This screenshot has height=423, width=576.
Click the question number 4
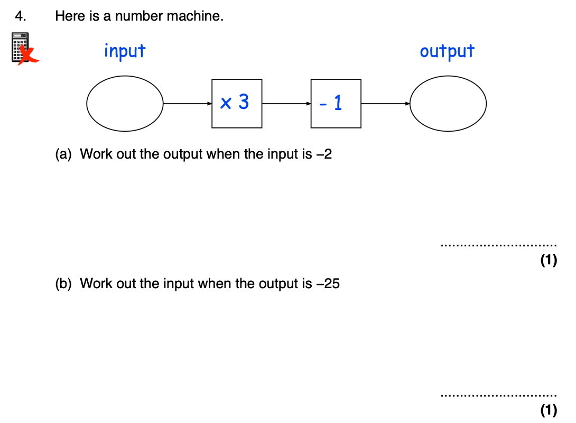[x=20, y=16]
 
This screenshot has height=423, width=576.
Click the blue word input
[x=124, y=51]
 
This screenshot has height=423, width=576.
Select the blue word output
[x=447, y=51]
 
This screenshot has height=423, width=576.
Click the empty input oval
[x=125, y=104]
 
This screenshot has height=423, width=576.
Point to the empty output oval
[x=448, y=104]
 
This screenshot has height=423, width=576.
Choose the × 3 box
[x=237, y=104]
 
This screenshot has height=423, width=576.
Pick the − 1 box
[x=336, y=104]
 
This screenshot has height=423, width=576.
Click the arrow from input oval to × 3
[x=188, y=104]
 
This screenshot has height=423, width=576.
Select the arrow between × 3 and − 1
[x=286, y=104]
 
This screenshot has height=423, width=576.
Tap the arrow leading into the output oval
[x=385, y=104]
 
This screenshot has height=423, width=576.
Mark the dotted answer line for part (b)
[x=498, y=395]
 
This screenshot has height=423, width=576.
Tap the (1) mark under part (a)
[x=549, y=260]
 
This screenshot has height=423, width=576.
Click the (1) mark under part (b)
[x=549, y=410]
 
